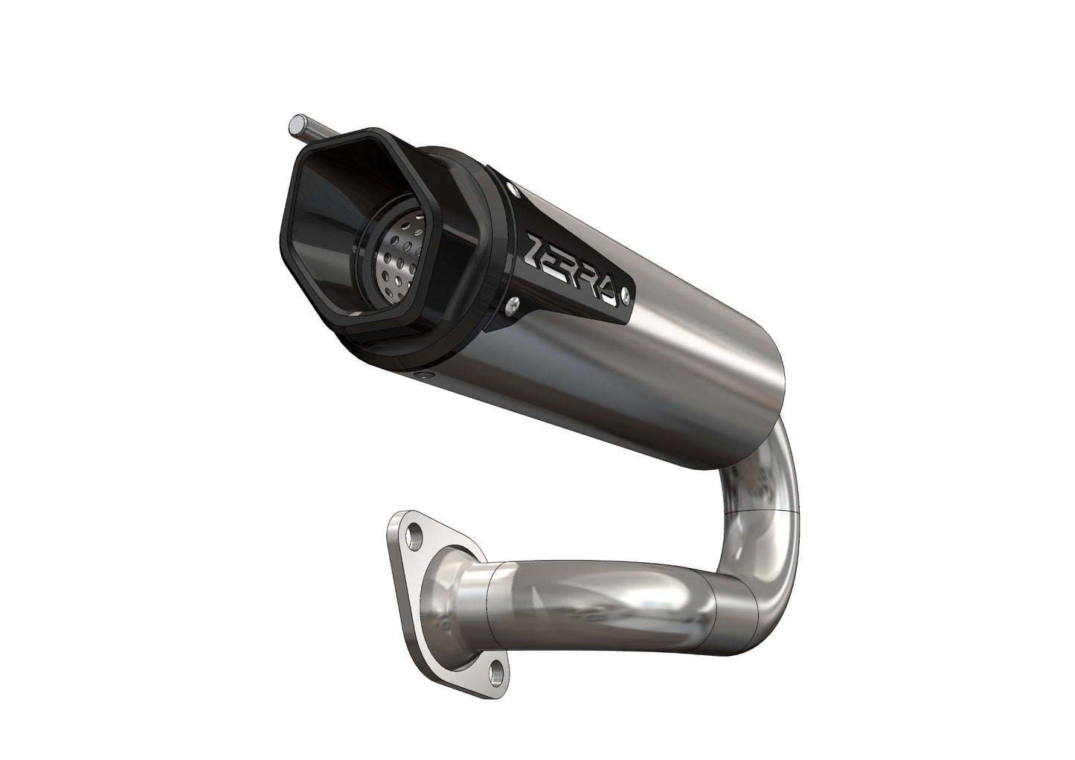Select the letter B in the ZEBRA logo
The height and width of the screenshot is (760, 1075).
pyautogui.click(x=575, y=271)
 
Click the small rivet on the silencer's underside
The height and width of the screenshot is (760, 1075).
pyautogui.click(x=423, y=376)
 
